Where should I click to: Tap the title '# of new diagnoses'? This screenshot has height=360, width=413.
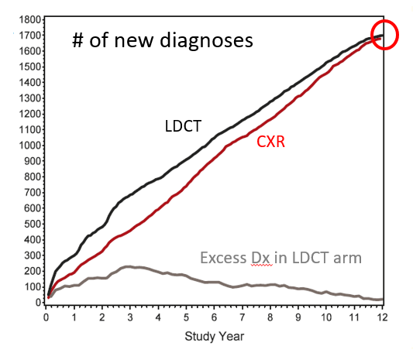coord(163,40)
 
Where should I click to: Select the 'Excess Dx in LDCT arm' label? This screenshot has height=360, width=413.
coord(280,257)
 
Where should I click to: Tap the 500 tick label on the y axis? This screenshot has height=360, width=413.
coord(31,224)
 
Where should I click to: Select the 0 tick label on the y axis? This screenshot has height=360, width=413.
coord(37,303)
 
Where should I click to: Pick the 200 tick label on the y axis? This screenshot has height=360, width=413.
coord(31,271)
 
